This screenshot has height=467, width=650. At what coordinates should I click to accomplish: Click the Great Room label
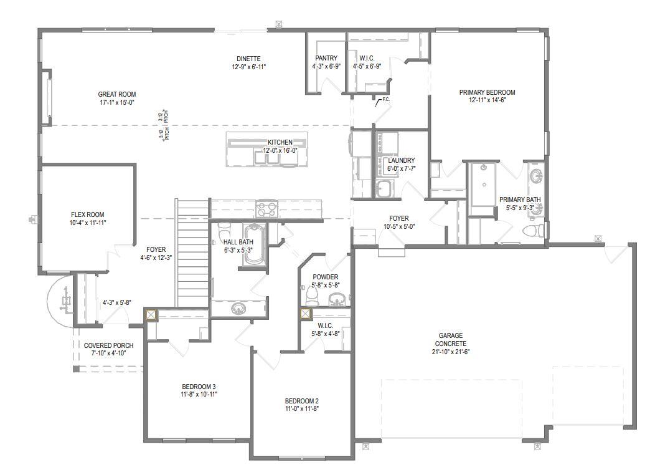(116, 95)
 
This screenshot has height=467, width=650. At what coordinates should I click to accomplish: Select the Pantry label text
(326, 59)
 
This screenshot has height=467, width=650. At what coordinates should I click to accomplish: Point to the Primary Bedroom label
(487, 92)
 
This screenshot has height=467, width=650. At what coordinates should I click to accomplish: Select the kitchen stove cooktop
(268, 208)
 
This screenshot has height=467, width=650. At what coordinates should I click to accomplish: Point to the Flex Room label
(87, 214)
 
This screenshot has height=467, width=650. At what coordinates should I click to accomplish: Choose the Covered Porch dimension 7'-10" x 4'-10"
(108, 354)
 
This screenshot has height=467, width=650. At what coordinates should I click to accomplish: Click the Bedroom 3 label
(199, 386)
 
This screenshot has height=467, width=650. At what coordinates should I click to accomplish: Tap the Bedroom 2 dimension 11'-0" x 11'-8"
(302, 409)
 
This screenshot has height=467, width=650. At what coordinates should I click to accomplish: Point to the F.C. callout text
(386, 99)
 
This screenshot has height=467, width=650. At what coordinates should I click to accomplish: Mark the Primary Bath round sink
(536, 177)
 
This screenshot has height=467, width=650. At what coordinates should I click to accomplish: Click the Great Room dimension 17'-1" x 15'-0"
(116, 102)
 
